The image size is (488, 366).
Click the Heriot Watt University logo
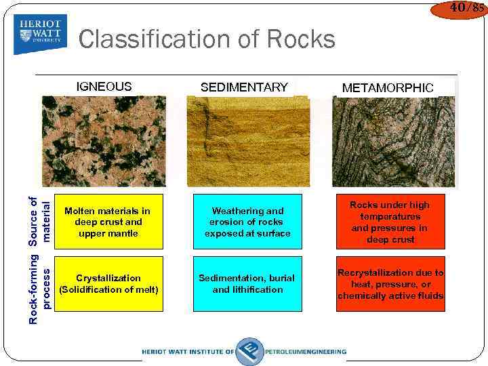coord(40,34)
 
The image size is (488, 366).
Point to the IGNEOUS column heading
coord(104,86)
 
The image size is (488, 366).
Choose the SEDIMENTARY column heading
coord(244,87)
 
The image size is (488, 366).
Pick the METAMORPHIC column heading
coord(388,87)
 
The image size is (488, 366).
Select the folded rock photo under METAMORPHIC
coord(393,141)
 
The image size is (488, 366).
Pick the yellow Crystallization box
coord(108,283)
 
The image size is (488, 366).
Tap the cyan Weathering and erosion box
coord(247,222)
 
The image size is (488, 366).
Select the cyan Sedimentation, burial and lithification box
coord(247,283)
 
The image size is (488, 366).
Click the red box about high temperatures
coord(390,222)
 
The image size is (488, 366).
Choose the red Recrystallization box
coord(390,283)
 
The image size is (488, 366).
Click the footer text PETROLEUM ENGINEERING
coord(306,352)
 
